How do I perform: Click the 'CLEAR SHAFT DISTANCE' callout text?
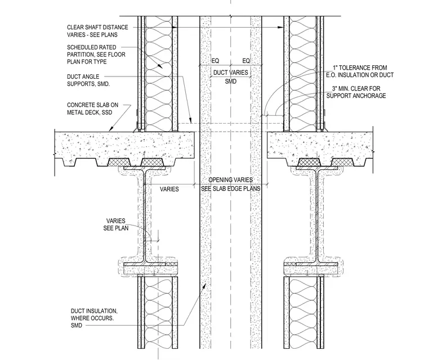[97, 27]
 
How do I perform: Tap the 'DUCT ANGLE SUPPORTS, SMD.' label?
[88, 80]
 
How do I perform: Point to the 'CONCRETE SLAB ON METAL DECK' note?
[92, 109]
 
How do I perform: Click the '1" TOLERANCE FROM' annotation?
[360, 67]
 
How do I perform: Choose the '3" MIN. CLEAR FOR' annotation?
[356, 88]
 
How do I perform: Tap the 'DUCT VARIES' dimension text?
[231, 73]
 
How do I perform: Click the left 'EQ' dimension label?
[215, 61]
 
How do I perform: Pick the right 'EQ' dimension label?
[246, 61]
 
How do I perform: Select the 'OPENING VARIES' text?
[231, 180]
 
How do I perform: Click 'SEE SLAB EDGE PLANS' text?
[231, 189]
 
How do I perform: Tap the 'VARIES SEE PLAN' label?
[116, 224]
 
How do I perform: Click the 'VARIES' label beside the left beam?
[170, 189]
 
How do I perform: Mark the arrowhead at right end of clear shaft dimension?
[280, 27]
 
